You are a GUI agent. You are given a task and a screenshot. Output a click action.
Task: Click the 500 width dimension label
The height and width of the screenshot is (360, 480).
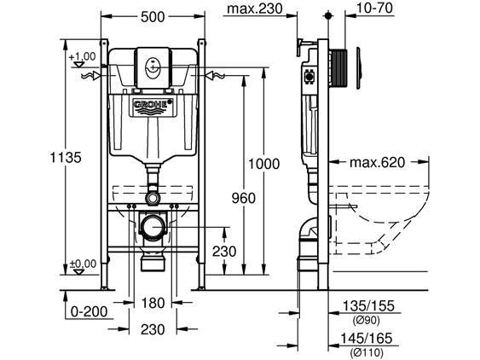(153, 17)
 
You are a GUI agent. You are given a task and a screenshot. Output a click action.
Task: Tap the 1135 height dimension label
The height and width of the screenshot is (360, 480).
(66, 158)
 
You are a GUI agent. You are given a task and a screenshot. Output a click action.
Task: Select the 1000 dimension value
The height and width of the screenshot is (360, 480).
(263, 164)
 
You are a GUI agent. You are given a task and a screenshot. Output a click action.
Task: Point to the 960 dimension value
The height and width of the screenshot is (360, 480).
(243, 198)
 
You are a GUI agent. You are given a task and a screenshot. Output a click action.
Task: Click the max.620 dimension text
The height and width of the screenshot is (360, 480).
(377, 162)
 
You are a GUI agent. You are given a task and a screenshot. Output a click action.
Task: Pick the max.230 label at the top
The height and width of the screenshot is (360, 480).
(255, 9)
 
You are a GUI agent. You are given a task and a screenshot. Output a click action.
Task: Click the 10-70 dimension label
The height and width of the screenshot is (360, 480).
(374, 8)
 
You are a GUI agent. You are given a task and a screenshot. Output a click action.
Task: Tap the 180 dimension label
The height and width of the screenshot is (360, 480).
(153, 303)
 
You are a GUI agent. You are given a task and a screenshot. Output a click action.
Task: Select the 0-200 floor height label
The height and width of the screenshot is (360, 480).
(89, 312)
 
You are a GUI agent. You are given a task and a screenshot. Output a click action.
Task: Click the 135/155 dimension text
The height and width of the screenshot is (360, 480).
(368, 305)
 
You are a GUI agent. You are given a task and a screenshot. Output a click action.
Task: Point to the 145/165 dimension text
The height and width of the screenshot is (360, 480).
(367, 339)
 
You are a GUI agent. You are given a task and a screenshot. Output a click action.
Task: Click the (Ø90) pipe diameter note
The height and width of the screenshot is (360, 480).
(366, 321)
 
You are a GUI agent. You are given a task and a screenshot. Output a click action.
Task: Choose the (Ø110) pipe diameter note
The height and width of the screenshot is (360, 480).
(367, 352)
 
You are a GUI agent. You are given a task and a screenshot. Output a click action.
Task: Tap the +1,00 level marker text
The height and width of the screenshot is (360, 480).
(82, 56)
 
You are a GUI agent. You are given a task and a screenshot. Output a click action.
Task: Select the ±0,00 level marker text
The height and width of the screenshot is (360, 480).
(84, 264)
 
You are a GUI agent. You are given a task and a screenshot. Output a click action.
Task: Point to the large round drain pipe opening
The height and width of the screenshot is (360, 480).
(153, 228)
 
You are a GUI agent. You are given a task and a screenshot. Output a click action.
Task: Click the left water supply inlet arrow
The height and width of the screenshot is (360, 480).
(91, 76)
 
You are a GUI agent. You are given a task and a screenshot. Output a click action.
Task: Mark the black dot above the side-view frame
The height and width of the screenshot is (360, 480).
(328, 15)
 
